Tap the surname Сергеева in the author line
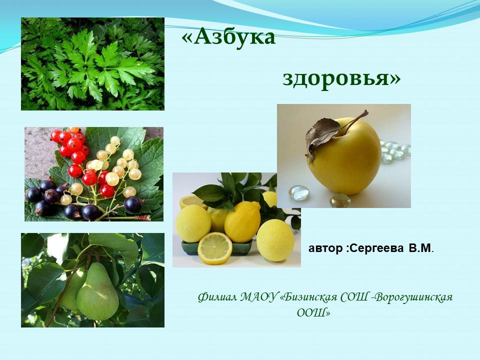click(376, 248)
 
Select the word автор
click(325, 249)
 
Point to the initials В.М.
click(421, 248)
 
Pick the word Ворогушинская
click(413, 297)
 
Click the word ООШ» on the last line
click(314, 313)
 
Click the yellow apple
click(344, 156)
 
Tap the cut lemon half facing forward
click(215, 248)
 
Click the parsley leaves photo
click(93, 63)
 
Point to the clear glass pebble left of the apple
click(299, 193)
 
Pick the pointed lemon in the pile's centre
click(242, 221)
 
